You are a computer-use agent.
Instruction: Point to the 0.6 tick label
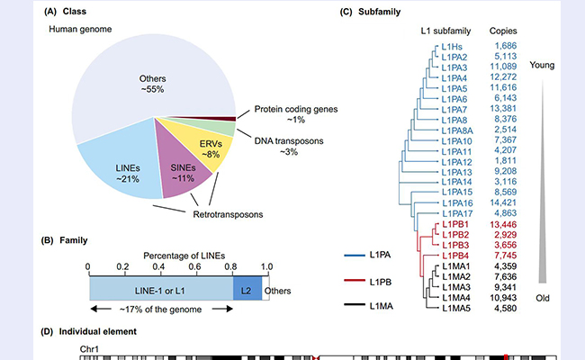point(194,267)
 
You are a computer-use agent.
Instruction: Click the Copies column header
point(507,30)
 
